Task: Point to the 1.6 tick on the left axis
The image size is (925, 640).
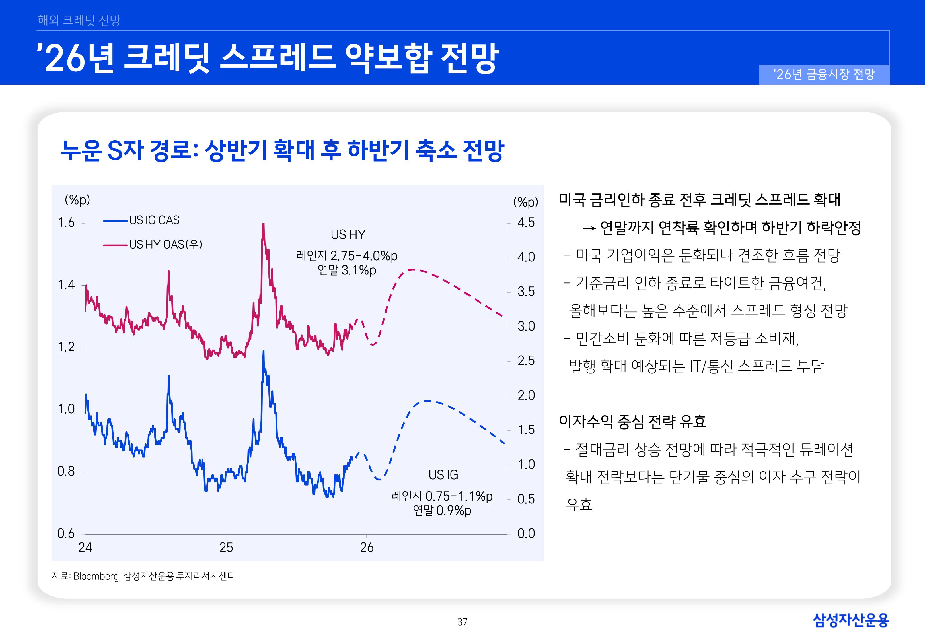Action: tap(66, 222)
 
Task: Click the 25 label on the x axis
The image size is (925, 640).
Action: tap(226, 547)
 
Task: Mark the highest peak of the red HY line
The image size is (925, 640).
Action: tap(263, 224)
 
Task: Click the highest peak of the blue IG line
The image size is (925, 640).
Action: tap(263, 352)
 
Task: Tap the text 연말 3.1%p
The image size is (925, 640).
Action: tap(347, 270)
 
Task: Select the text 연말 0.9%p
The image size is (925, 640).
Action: tap(442, 511)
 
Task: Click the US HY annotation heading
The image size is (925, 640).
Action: tap(348, 235)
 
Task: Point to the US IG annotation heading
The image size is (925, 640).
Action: tap(443, 475)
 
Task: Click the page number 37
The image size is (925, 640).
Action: tap(462, 622)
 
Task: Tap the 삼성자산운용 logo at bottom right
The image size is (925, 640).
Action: tap(851, 620)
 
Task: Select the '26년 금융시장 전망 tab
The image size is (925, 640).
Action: tap(824, 75)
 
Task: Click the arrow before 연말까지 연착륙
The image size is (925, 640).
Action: tap(589, 229)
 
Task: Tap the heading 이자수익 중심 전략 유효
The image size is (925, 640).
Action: tap(632, 421)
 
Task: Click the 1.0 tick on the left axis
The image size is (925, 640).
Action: tap(66, 409)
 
